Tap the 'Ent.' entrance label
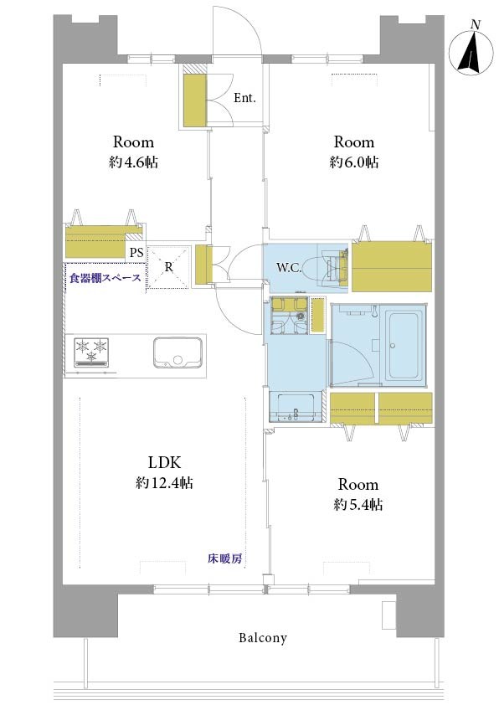point(244,98)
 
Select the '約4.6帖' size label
point(133,162)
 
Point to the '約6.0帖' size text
point(354,162)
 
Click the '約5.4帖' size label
point(358,505)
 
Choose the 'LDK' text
point(165,462)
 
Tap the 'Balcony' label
point(263,637)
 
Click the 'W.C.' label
point(289,269)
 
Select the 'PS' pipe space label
point(136,253)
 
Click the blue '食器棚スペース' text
point(105,278)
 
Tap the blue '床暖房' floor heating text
point(224,558)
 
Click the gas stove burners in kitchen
point(92,352)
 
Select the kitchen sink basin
point(177,352)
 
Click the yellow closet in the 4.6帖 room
point(95,242)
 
